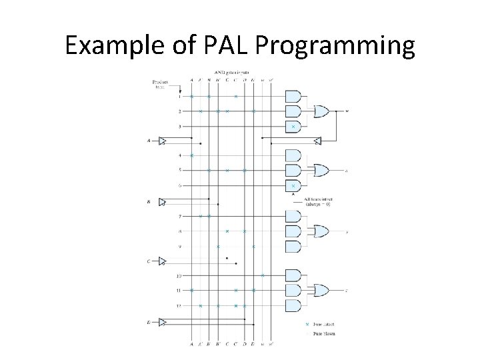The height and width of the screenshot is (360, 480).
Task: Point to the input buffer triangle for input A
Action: [161, 141]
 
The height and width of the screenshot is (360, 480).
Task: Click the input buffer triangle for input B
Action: [161, 201]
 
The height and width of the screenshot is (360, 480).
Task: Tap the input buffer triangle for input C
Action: [161, 262]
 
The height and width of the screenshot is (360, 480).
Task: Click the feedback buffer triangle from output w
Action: [318, 141]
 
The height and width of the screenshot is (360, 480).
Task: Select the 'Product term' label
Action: [160, 85]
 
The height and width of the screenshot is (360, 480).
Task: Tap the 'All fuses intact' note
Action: [317, 201]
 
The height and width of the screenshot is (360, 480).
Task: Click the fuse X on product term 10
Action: [263, 275]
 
